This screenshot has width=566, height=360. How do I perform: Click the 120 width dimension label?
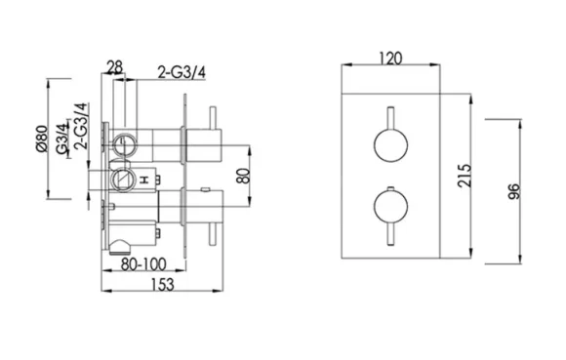coord(392,59)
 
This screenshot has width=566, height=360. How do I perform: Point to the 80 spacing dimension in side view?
coord(244,178)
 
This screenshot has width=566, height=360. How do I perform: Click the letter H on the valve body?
coord(142,181)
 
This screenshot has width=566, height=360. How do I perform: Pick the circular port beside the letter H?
coord(123,180)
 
